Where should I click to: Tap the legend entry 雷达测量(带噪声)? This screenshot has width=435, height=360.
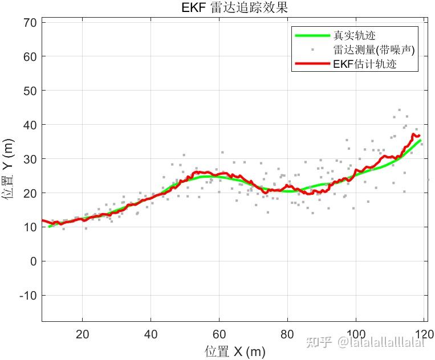[373, 50]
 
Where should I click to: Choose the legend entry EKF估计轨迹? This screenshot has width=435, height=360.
[364, 64]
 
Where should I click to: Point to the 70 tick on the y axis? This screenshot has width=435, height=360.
[30, 22]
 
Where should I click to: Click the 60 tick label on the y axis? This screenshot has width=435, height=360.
[30, 56]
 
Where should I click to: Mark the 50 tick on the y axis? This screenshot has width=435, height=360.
[30, 91]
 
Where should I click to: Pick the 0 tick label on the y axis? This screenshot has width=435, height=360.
[33, 261]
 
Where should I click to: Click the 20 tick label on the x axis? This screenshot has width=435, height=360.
[83, 333]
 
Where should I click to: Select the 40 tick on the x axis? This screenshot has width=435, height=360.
[151, 333]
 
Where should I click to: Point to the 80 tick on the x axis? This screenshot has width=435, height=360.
[287, 333]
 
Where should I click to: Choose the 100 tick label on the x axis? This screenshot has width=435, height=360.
[356, 333]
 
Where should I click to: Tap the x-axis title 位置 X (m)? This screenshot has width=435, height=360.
[234, 351]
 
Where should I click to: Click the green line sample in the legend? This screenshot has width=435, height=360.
[312, 36]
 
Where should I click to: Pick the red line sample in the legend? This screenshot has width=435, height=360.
[312, 64]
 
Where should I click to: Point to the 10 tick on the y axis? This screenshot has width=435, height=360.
[30, 227]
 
